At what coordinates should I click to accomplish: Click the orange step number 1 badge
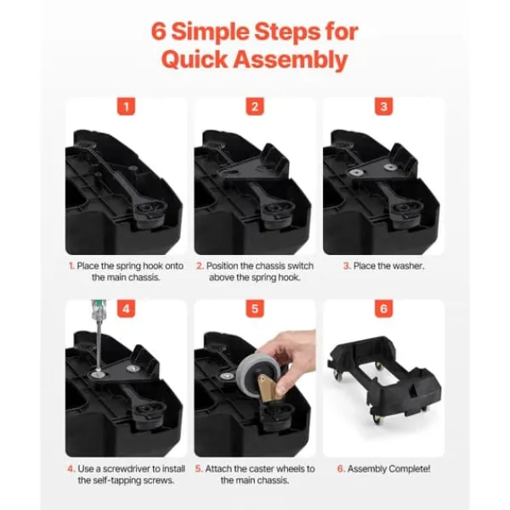[x=126, y=106]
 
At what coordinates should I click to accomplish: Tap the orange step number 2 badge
[x=255, y=106]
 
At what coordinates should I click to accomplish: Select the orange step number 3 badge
[x=383, y=106]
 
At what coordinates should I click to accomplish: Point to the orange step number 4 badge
[x=126, y=309]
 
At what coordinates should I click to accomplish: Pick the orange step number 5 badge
[x=255, y=309]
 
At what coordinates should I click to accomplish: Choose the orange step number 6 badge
[x=383, y=309]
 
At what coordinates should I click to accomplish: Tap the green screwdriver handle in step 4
[x=95, y=308]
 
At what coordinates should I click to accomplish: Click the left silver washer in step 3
[x=356, y=173]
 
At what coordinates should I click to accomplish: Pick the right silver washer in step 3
[x=389, y=167]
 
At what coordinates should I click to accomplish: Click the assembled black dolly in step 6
[x=384, y=379]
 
